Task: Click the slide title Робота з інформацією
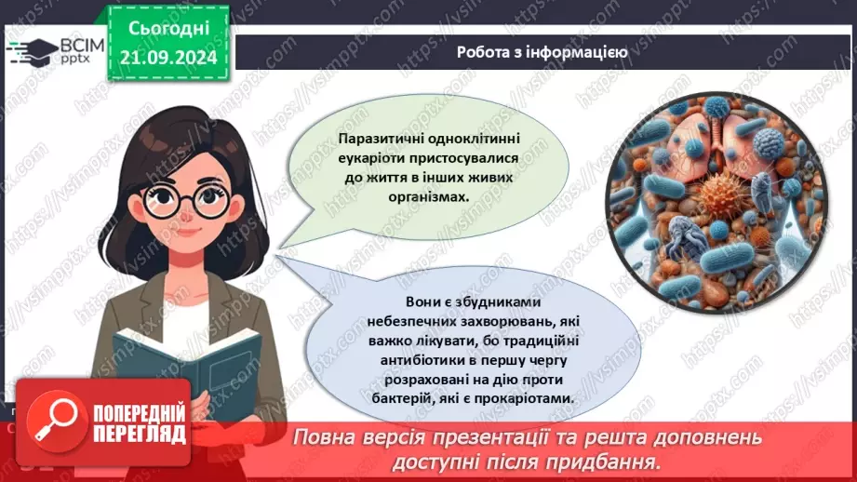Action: point(542,52)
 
